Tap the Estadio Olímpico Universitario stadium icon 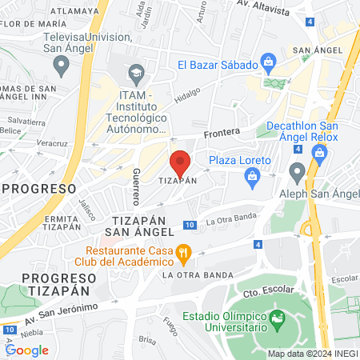point(277,321)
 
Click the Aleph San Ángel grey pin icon point(298,170)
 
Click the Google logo point(26,350)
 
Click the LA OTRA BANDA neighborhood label point(191,275)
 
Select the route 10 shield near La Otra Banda point(189,226)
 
